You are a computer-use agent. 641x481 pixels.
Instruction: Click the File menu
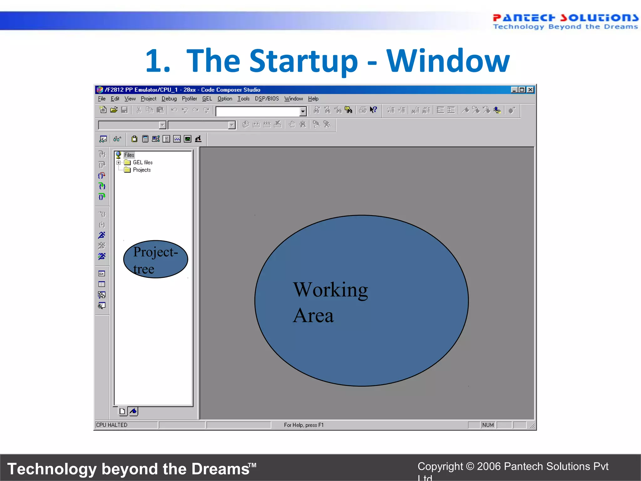(101, 99)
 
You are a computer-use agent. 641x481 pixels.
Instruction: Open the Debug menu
(169, 99)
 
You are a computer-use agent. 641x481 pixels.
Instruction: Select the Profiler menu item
(189, 99)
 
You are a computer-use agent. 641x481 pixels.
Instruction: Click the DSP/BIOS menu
(267, 99)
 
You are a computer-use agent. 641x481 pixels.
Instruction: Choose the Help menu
(313, 99)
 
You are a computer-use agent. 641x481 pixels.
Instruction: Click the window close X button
(530, 90)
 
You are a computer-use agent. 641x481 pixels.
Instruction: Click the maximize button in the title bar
(522, 90)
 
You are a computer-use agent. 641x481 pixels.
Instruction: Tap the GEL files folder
(142, 162)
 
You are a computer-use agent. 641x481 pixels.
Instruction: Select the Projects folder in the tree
(141, 170)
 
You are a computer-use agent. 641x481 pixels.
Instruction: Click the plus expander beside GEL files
(118, 163)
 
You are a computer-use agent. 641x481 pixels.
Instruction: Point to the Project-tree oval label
(156, 260)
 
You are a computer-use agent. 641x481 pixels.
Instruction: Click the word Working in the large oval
(330, 290)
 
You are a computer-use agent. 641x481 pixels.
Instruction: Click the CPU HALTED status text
(112, 425)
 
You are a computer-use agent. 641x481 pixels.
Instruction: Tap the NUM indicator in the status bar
(488, 425)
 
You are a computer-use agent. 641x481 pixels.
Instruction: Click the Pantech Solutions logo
(565, 21)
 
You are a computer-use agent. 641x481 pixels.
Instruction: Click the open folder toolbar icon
(114, 110)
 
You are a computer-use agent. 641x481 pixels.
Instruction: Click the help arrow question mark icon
(373, 110)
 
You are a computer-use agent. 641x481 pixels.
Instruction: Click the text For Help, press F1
(304, 425)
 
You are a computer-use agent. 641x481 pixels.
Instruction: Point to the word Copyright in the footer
(440, 466)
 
